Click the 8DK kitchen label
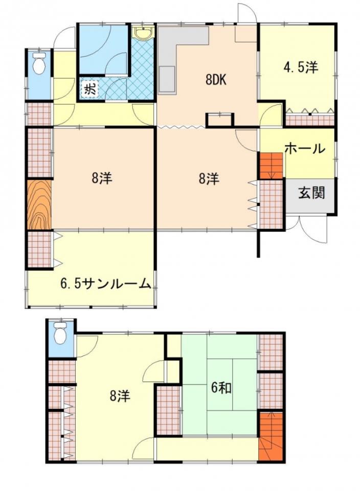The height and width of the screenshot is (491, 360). (x=216, y=80)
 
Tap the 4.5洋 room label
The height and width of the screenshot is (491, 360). (x=301, y=68)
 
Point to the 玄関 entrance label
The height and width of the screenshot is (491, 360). (x=311, y=193)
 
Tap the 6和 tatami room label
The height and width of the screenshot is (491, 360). (x=221, y=388)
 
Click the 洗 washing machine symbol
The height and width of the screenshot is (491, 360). (x=89, y=88)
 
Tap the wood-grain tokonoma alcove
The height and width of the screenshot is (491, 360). (x=39, y=205)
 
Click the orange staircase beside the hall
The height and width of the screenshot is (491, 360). (x=271, y=166)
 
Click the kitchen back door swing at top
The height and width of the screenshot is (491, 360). (x=247, y=13)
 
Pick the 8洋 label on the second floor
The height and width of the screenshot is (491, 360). (x=120, y=396)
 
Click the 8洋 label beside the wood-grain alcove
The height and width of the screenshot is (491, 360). (x=102, y=178)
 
